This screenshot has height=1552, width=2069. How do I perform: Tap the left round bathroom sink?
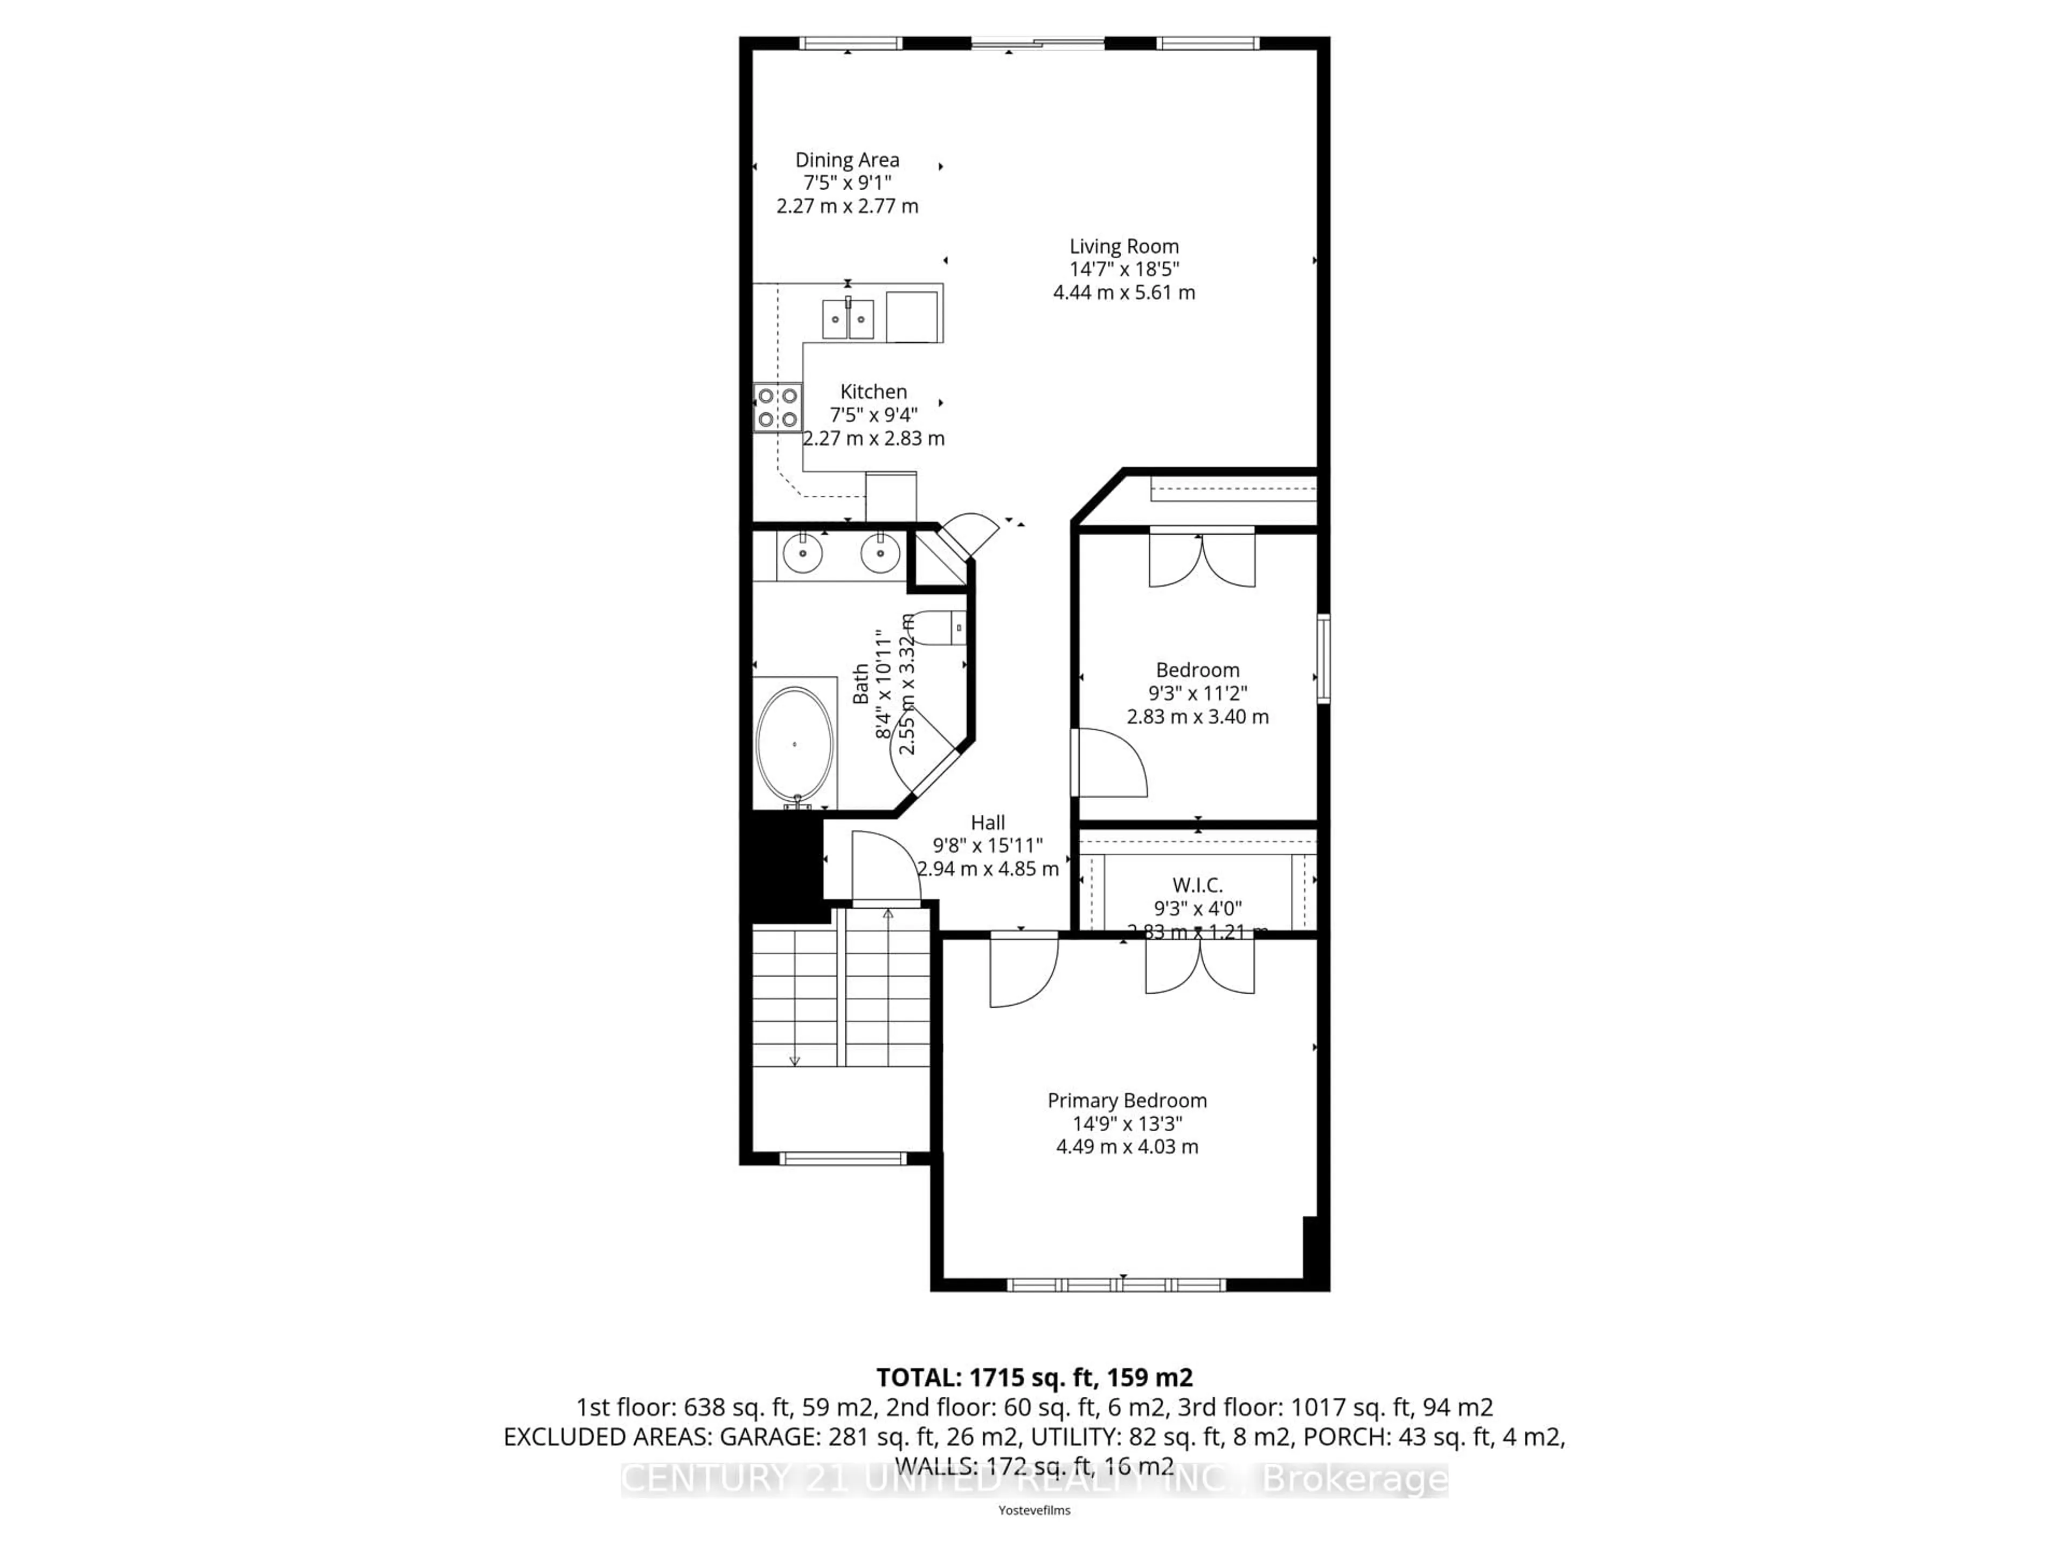(x=802, y=554)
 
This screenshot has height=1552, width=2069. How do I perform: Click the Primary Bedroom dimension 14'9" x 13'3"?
(x=1127, y=1124)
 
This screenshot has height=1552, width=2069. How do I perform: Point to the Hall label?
(x=988, y=822)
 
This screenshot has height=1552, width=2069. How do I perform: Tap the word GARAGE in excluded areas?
(x=718, y=1437)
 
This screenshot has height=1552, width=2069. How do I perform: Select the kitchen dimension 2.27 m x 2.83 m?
(x=873, y=438)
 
